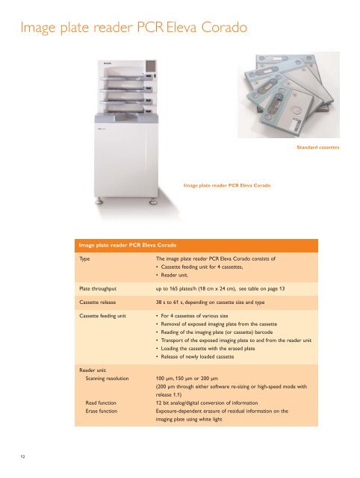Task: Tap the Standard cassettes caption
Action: [317, 148]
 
